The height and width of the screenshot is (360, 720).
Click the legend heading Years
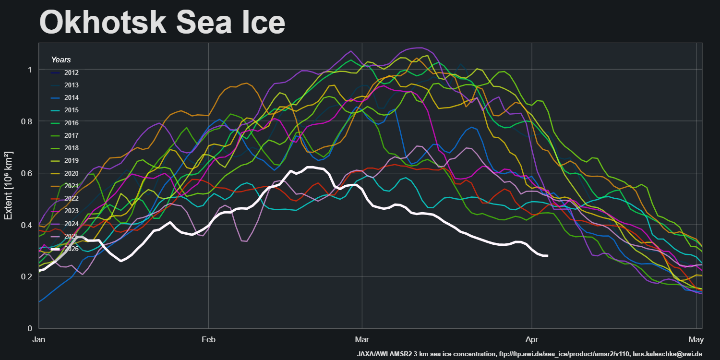pyautogui.click(x=61, y=60)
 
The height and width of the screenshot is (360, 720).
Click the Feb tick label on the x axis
pyautogui.click(x=208, y=340)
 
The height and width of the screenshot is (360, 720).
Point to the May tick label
pyautogui.click(x=696, y=340)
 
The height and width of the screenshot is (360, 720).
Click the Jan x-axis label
pyautogui.click(x=39, y=340)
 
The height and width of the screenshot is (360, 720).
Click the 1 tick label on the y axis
pyautogui.click(x=30, y=70)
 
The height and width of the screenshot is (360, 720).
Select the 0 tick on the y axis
pyautogui.click(x=30, y=328)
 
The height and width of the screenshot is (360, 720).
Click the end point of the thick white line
pyautogui.click(x=547, y=256)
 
